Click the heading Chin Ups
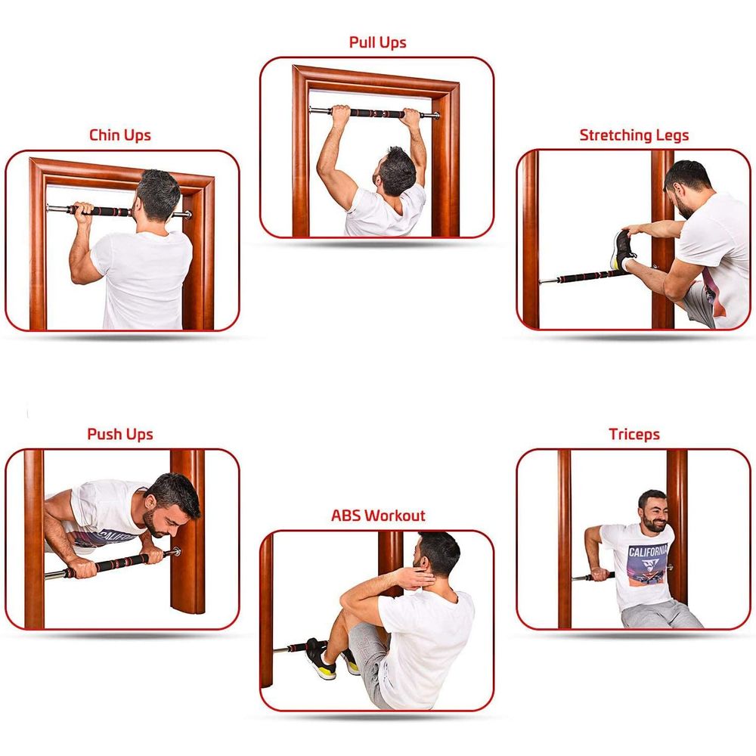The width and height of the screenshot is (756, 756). click(x=120, y=135)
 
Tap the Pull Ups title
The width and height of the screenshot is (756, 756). click(x=377, y=42)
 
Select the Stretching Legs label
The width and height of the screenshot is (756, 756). click(x=634, y=135)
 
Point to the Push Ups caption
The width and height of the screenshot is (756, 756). click(x=120, y=435)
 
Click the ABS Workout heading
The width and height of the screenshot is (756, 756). click(x=378, y=516)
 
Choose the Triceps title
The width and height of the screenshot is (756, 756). click(x=634, y=435)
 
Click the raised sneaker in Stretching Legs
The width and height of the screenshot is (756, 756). click(x=623, y=249)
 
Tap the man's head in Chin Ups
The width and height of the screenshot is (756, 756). click(x=157, y=196)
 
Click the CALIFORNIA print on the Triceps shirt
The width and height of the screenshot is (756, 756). click(x=648, y=551)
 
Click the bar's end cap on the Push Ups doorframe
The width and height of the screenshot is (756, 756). click(x=176, y=552)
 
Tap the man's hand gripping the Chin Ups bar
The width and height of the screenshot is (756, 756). click(x=83, y=212)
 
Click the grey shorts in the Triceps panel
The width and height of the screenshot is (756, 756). click(x=661, y=614)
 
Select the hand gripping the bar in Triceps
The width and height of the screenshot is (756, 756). click(x=600, y=574)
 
